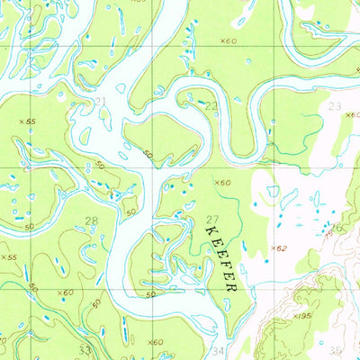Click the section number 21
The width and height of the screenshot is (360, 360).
100,101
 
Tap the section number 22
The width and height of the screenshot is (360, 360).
212,106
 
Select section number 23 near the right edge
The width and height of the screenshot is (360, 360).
335,106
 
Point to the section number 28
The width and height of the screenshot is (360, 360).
91,220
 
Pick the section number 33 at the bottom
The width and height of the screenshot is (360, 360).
85,349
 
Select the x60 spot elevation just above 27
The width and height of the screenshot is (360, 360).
222,183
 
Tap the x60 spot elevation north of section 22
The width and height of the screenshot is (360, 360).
227,41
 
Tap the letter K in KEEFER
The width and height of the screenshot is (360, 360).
211,231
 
